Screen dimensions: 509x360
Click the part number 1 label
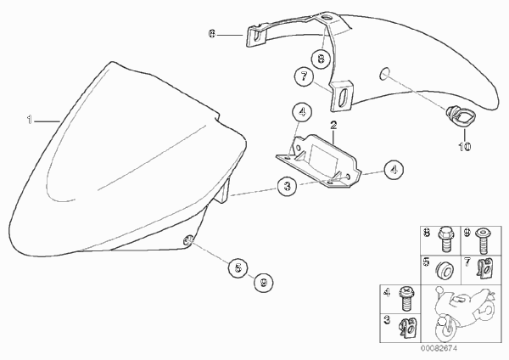click(x=30, y=120)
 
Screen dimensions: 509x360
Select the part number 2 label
click(x=333, y=125)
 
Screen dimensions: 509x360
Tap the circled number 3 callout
click(x=288, y=186)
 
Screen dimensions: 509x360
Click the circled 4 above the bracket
click(x=302, y=112)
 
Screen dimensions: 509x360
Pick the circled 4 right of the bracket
click(x=394, y=170)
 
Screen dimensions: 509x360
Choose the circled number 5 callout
click(x=238, y=268)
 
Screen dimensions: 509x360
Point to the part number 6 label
click(x=212, y=34)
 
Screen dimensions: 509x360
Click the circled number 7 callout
click(x=305, y=76)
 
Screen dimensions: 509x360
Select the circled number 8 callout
click(x=321, y=59)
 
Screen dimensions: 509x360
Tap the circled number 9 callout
click(x=264, y=283)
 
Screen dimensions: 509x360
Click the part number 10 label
click(x=465, y=147)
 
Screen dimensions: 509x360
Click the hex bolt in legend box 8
click(x=445, y=239)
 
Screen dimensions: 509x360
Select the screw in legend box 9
click(x=483, y=241)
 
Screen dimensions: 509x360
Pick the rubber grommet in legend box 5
click(x=444, y=269)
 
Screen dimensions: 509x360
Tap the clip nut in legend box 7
click(x=484, y=268)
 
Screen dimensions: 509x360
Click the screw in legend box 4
click(x=406, y=299)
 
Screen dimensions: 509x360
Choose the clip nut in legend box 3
click(x=408, y=329)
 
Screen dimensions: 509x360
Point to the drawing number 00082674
click(x=439, y=349)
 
